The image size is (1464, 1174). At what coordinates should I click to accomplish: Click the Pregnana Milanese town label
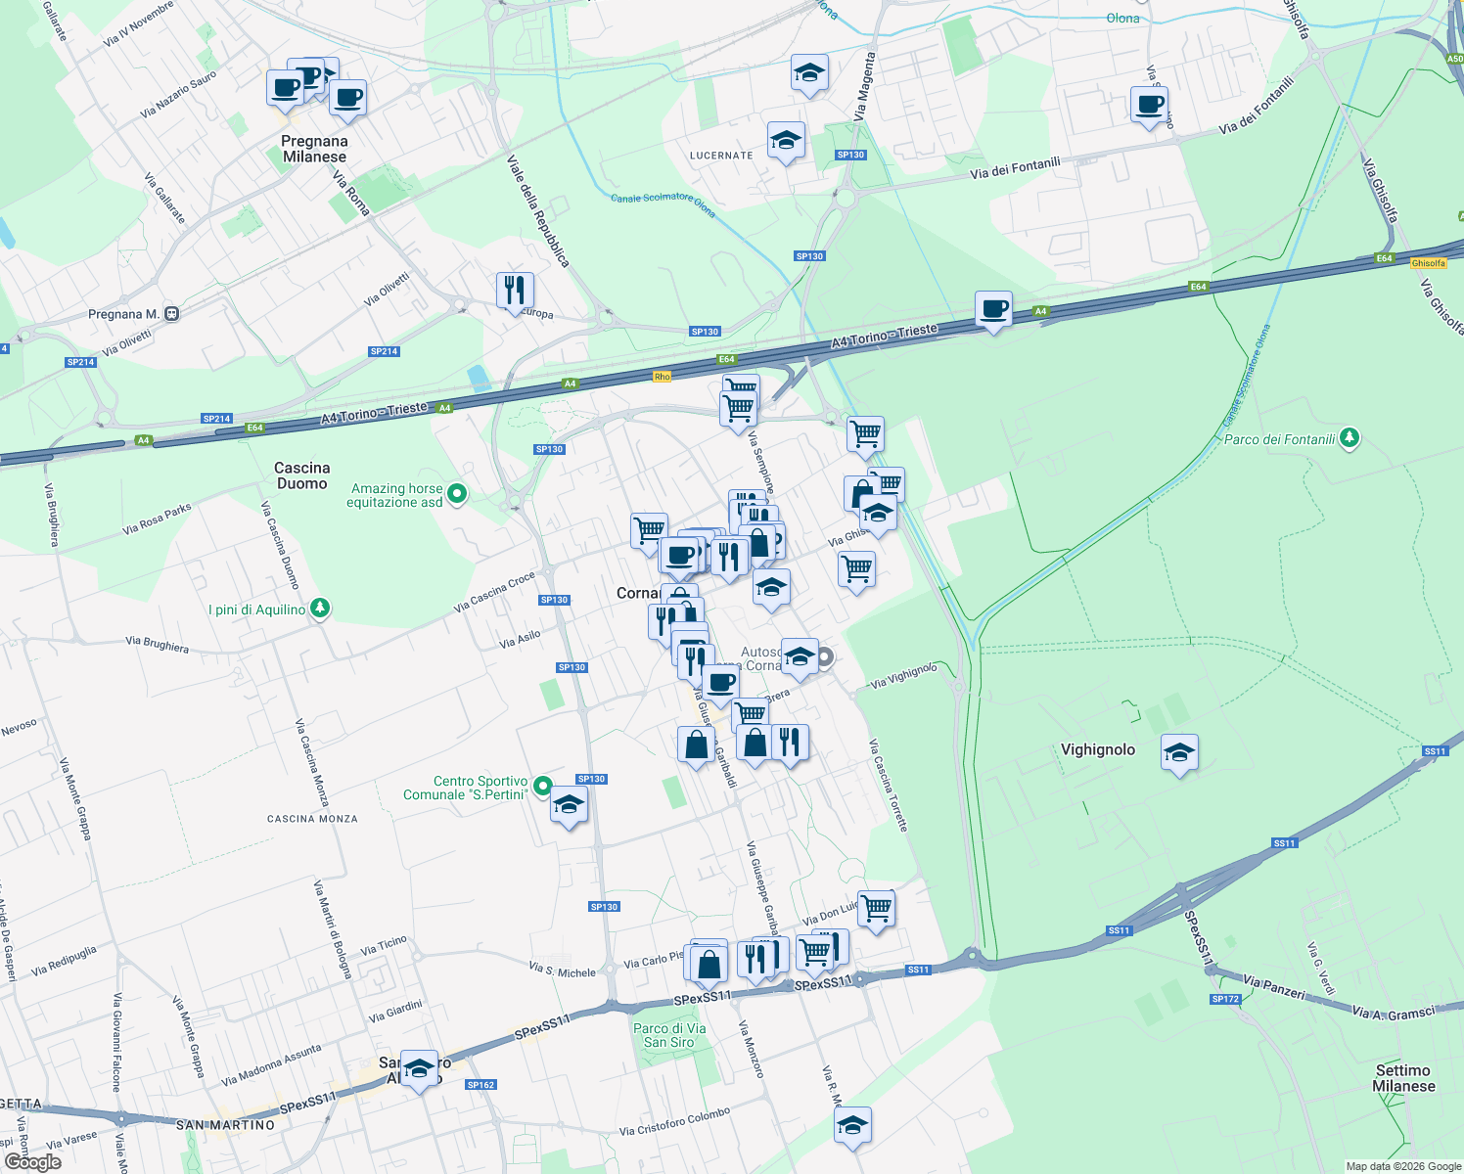tap(314, 149)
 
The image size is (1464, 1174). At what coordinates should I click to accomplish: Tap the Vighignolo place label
tap(1098, 749)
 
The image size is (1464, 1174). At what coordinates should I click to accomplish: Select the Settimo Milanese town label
tap(1403, 1078)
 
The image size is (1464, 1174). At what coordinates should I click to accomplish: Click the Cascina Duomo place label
tap(301, 475)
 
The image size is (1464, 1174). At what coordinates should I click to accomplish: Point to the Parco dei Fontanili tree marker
tap(1350, 437)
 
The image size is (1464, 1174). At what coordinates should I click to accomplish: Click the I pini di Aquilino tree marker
tap(319, 609)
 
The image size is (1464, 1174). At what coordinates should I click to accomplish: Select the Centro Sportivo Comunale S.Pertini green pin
tap(542, 787)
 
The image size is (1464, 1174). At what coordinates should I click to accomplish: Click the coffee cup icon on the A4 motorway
tap(993, 309)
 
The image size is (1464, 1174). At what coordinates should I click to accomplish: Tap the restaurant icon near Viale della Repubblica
tap(515, 290)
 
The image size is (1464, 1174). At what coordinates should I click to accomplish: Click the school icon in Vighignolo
tap(1179, 752)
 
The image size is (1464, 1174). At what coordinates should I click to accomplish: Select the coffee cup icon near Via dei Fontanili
tap(1149, 104)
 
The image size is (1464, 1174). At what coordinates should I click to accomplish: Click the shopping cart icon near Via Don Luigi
tap(876, 908)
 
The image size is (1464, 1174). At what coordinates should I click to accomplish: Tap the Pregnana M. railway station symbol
tap(172, 314)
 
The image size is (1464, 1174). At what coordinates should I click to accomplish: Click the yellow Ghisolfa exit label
tap(1428, 263)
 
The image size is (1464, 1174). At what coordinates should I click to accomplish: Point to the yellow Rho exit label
tap(663, 377)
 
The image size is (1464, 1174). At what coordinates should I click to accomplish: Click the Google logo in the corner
tap(32, 1161)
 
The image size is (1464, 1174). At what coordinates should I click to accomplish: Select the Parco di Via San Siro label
tap(669, 1035)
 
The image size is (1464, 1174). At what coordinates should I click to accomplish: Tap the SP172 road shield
tap(1225, 999)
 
